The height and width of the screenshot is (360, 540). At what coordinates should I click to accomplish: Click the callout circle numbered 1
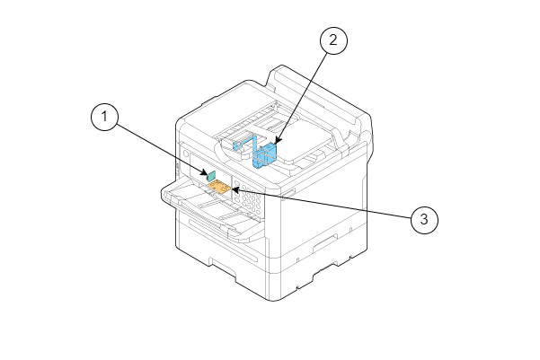point(105,117)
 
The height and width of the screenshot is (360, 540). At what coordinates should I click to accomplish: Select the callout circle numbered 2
point(333,40)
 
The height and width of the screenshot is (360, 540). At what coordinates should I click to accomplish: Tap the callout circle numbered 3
point(424,220)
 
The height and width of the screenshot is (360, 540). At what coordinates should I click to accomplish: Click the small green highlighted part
point(211,176)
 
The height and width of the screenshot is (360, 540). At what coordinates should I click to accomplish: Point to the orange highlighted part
point(218,187)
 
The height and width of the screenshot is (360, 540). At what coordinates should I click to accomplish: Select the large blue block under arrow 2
point(265,155)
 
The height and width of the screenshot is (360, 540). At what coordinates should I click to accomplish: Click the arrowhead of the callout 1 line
point(206,173)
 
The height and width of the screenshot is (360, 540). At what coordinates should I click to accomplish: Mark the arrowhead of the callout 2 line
point(278,141)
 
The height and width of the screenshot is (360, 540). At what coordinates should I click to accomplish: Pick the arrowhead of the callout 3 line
point(235,189)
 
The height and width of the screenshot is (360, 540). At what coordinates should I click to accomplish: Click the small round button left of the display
point(186,154)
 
